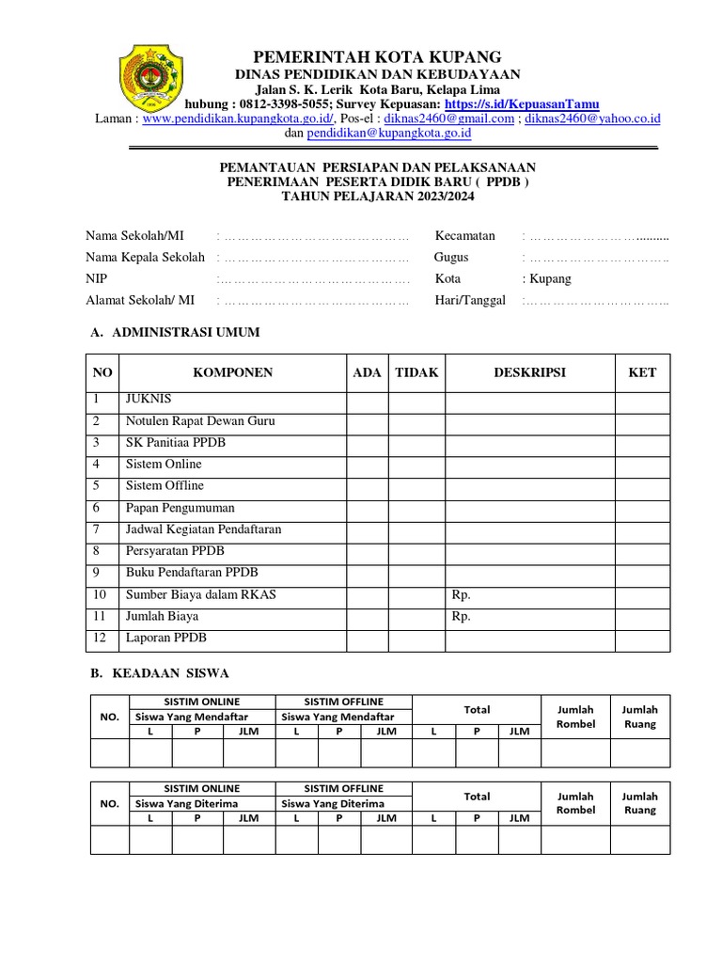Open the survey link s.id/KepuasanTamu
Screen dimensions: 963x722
tap(522, 103)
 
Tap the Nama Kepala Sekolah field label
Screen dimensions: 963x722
tap(145, 257)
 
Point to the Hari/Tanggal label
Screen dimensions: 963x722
tap(470, 300)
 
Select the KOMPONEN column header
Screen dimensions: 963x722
tap(232, 372)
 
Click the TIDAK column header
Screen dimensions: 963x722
tap(416, 372)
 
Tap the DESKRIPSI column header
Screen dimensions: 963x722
tap(529, 372)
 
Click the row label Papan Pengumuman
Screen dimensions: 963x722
tap(179, 508)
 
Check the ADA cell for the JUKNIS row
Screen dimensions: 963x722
tap(367, 400)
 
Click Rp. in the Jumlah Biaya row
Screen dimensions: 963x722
tap(461, 617)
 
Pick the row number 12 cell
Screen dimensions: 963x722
tap(101, 639)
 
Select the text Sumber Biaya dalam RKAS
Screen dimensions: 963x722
tap(201, 595)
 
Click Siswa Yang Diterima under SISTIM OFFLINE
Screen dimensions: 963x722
tap(333, 804)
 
